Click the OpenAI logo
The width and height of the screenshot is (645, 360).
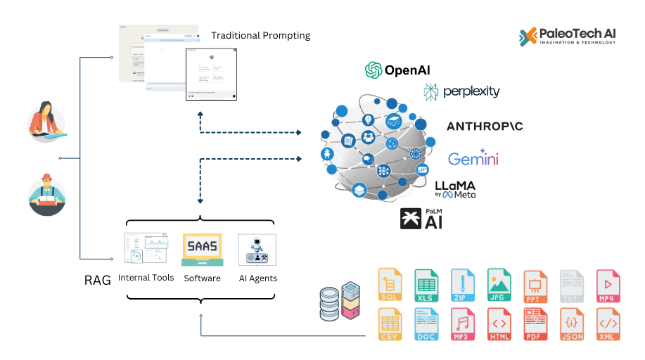click(x=397, y=70)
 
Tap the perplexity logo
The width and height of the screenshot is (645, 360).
click(x=461, y=91)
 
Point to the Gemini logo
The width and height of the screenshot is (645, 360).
click(x=473, y=158)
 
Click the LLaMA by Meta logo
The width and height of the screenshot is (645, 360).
click(x=455, y=189)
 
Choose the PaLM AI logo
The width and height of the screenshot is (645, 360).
click(x=423, y=219)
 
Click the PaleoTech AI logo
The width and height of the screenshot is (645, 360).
click(x=568, y=36)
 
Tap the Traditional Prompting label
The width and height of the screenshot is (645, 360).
click(x=260, y=35)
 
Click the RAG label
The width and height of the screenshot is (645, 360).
click(x=97, y=281)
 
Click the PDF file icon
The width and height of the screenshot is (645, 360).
click(x=535, y=325)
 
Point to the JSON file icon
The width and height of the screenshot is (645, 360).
click(x=572, y=325)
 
